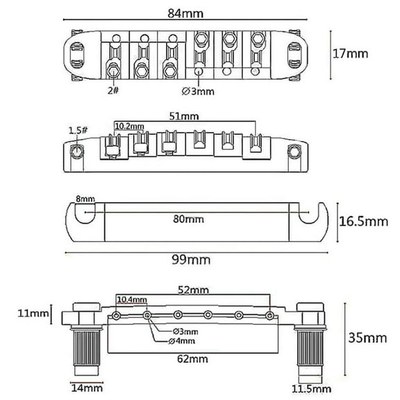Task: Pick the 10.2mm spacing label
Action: (x=129, y=126)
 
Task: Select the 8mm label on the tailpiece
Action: (x=86, y=199)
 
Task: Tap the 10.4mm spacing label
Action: (x=132, y=299)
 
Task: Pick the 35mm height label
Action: (x=369, y=338)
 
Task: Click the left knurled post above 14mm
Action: (x=85, y=347)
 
